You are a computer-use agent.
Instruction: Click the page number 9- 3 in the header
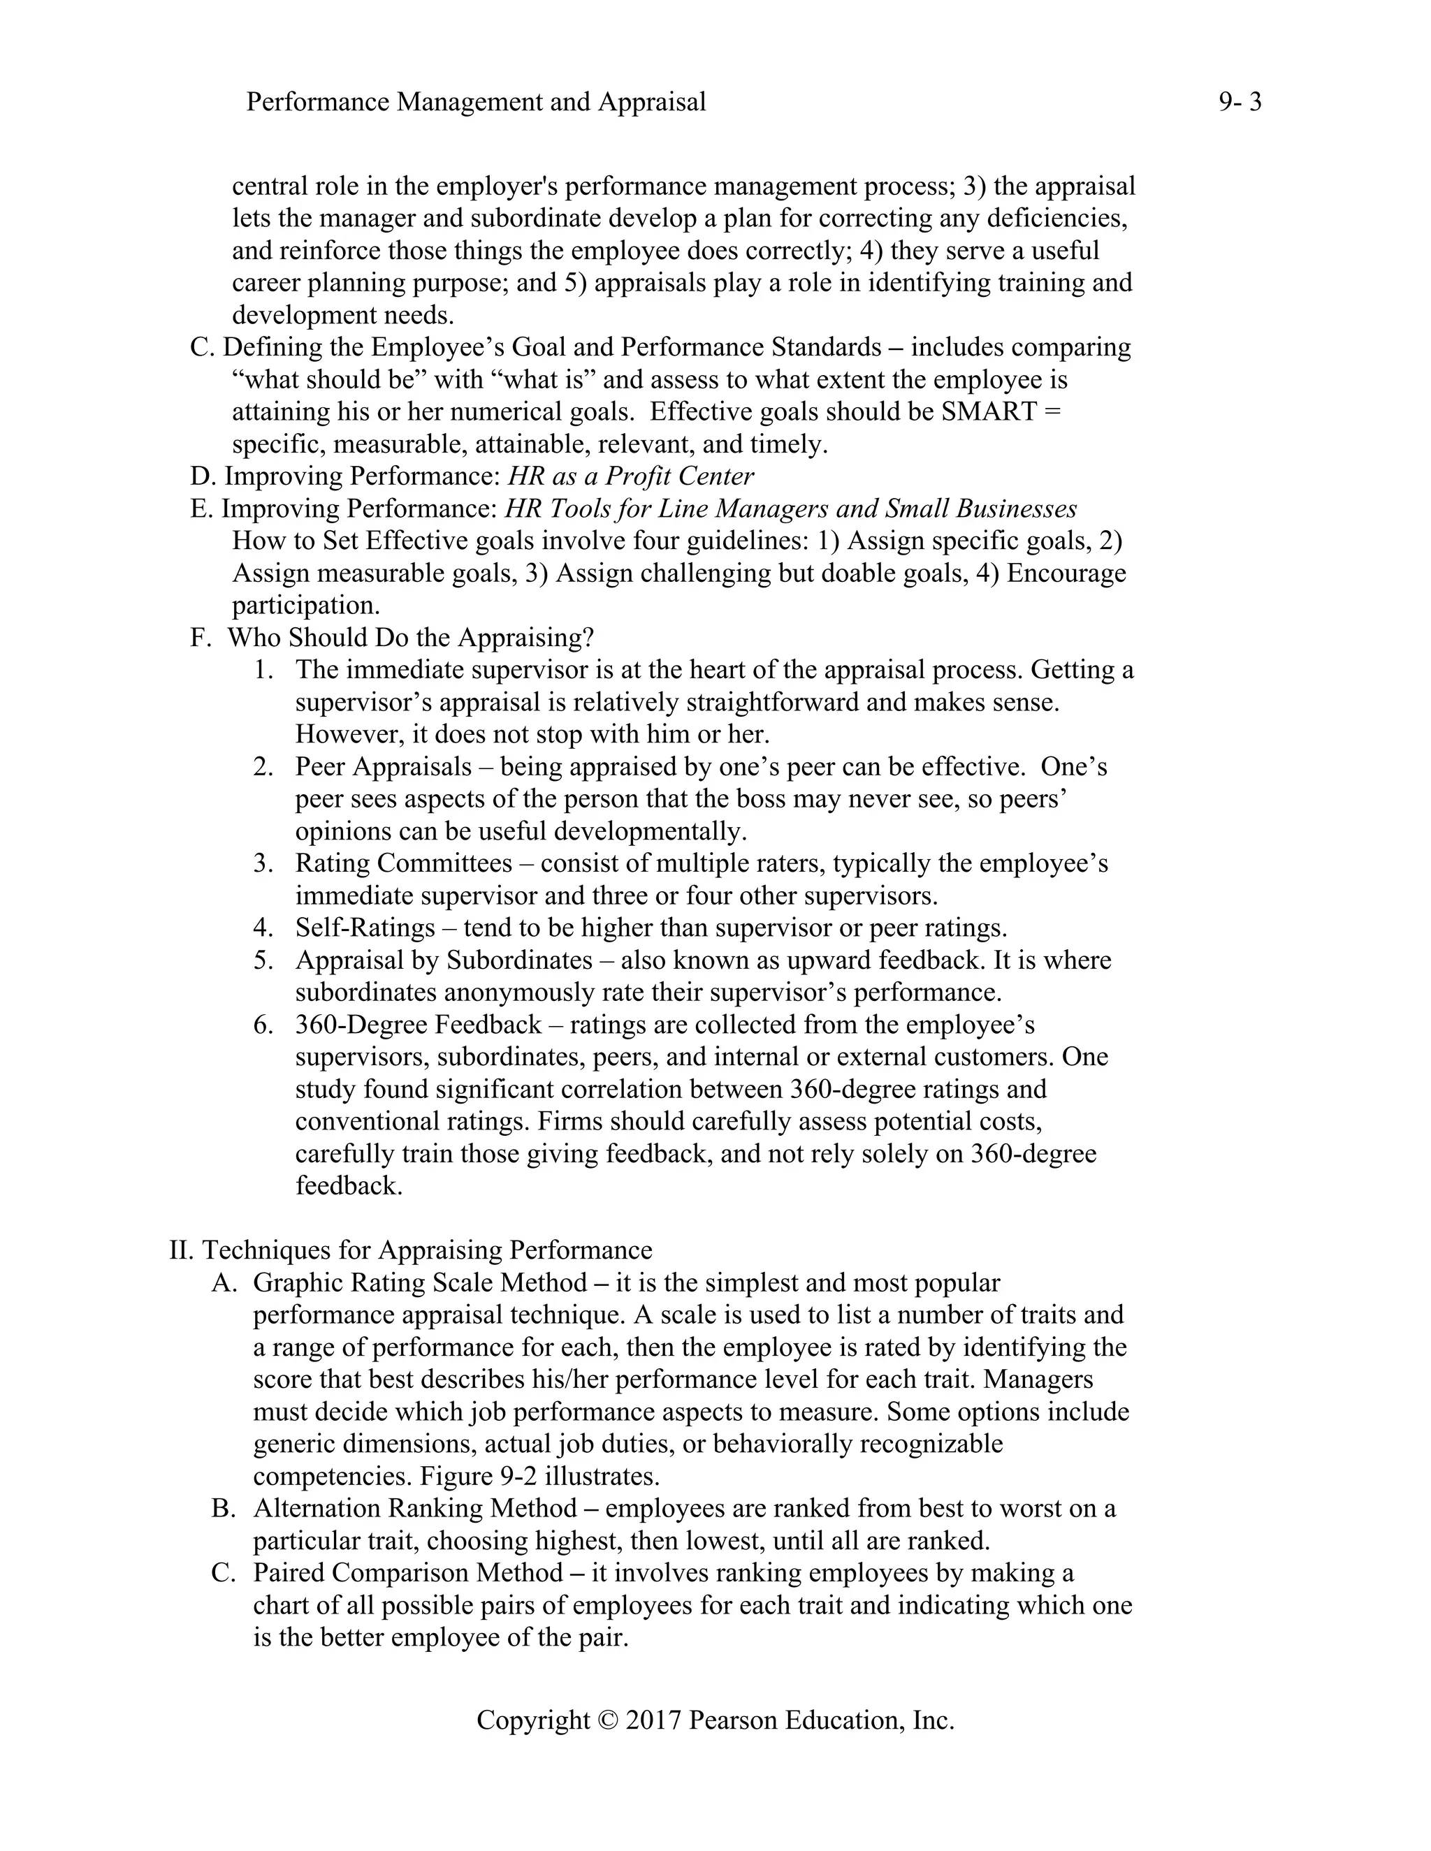1240,103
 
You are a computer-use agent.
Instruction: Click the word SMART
989,412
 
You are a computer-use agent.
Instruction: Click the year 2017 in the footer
653,1720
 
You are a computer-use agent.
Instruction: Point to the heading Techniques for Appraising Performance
426,1250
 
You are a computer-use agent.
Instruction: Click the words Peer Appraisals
383,767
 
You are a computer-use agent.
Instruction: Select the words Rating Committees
404,863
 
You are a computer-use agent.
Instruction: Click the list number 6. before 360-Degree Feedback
263,1025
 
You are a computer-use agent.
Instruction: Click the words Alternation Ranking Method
416,1509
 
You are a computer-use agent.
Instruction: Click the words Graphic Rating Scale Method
420,1283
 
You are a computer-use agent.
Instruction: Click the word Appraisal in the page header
652,103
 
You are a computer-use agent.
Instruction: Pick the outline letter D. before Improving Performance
202,476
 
